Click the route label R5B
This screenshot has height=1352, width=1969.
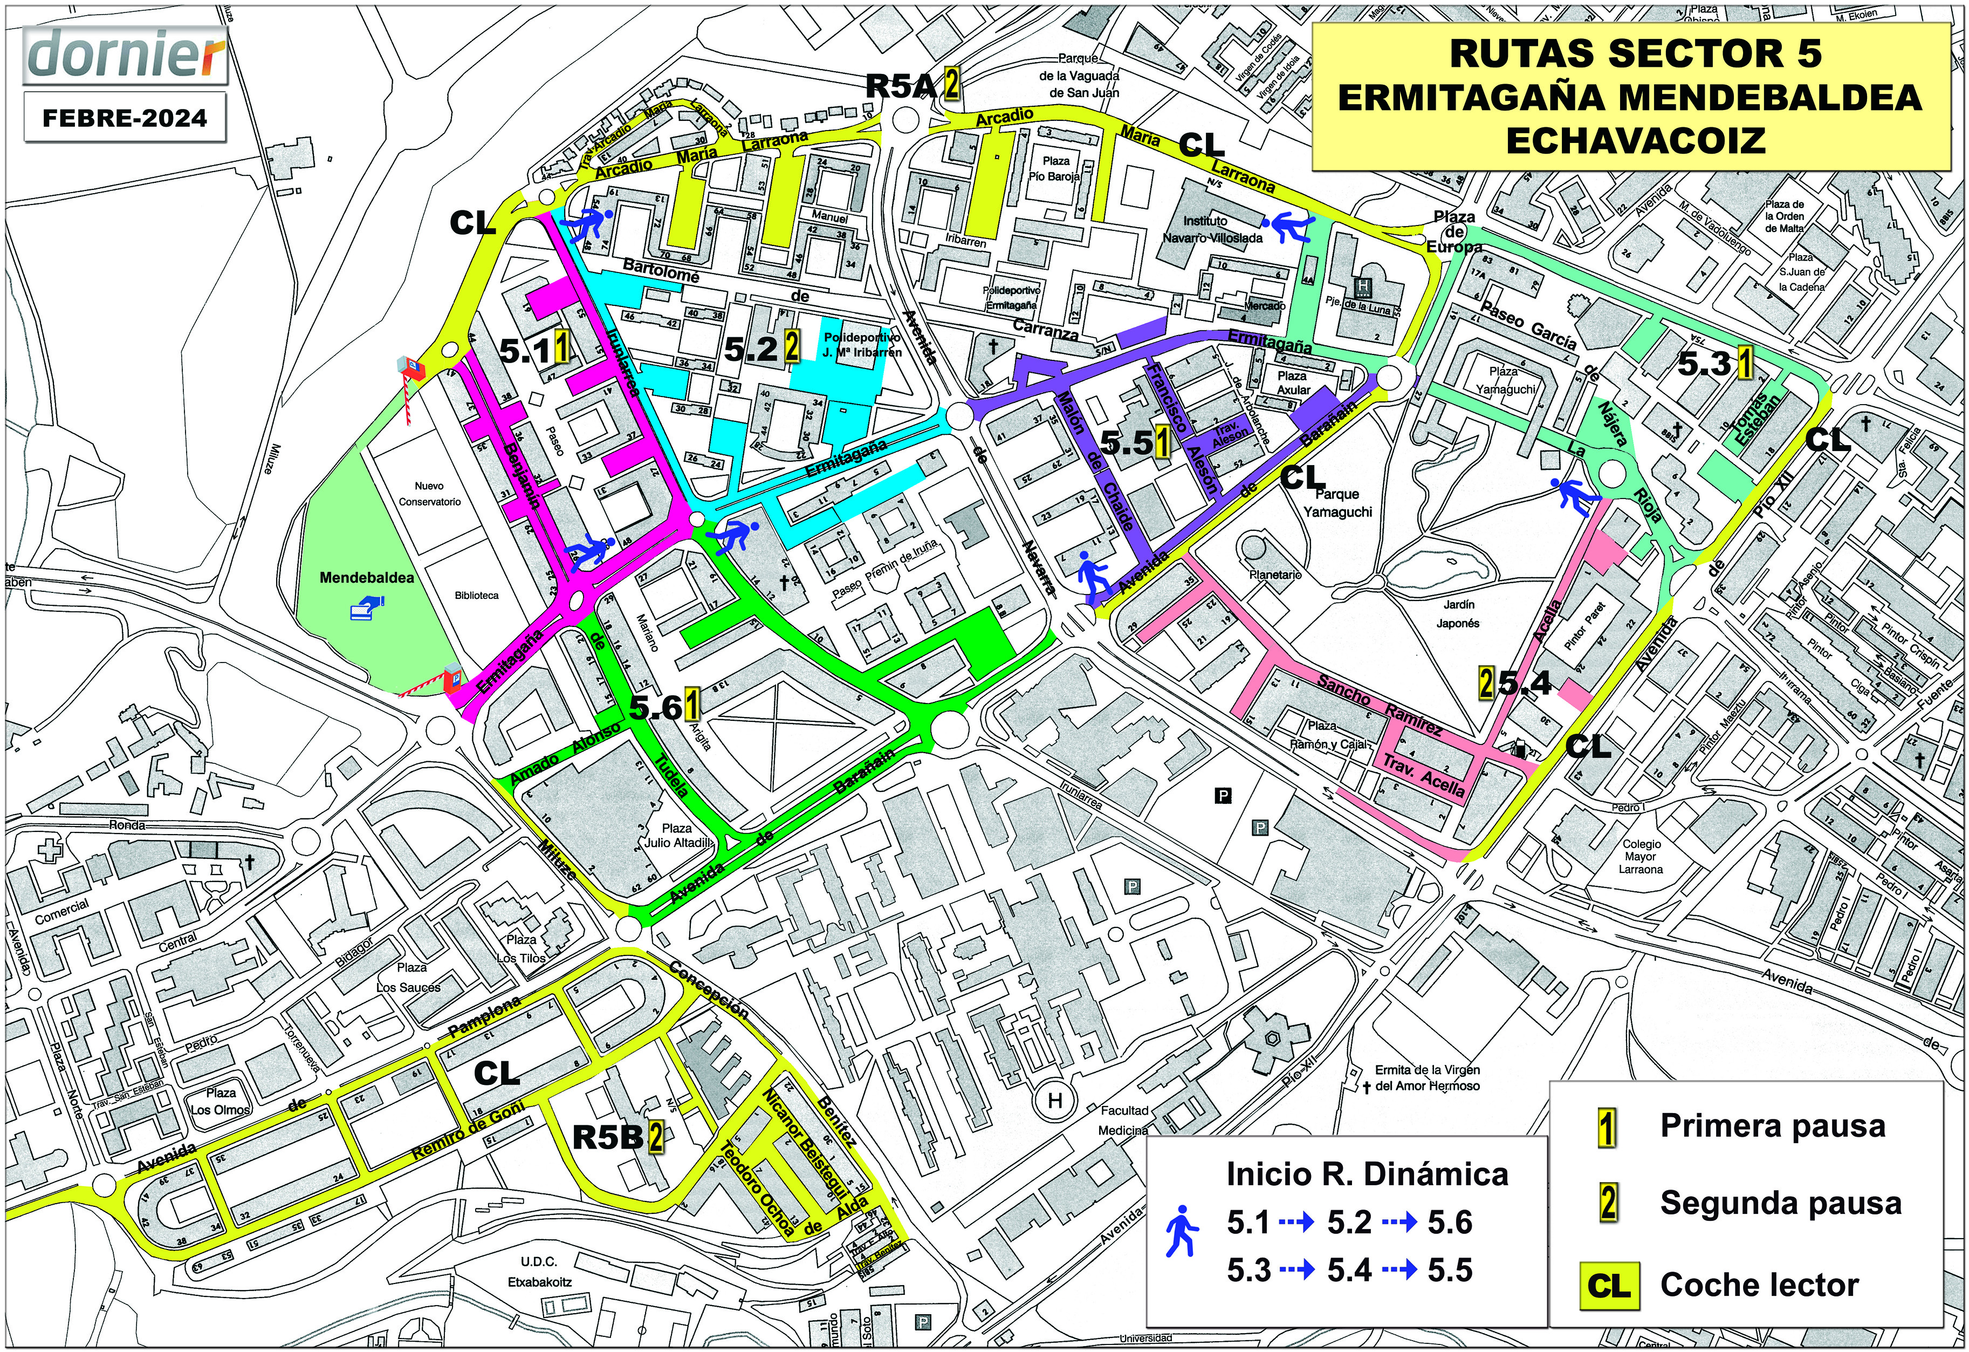click(x=607, y=1137)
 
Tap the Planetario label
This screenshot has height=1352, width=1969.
click(x=1275, y=575)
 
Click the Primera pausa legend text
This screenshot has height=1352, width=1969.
click(x=1773, y=1126)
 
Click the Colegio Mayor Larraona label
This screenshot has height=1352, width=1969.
click(x=1641, y=856)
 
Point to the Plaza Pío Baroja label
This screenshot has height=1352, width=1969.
click(x=1055, y=168)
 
